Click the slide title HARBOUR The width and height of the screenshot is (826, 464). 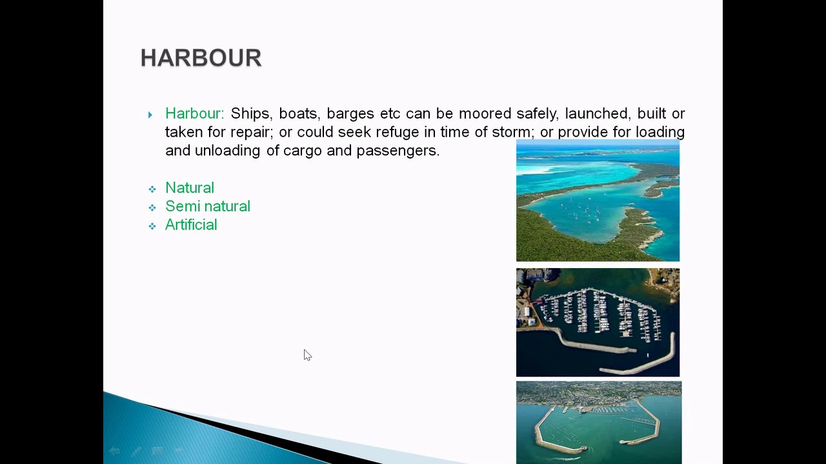coord(201,58)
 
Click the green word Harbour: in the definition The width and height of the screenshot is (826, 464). coord(194,114)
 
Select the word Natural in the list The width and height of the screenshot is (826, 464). coord(190,188)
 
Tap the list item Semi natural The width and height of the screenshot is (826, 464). coord(208,206)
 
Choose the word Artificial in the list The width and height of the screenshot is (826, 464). coord(191,225)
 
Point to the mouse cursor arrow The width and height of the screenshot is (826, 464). coord(307,355)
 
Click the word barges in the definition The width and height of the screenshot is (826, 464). coord(350,114)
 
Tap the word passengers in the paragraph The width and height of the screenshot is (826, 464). coord(398,151)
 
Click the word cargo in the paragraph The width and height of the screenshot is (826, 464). coord(303,151)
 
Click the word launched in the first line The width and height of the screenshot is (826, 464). coord(596,114)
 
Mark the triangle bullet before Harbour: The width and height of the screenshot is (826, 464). coord(150,115)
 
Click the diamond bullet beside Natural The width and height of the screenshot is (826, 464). coord(152,189)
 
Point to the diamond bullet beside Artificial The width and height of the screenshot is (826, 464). coord(152,226)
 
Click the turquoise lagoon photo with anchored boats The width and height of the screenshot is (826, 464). coord(598,201)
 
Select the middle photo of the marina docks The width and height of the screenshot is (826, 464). coord(598,322)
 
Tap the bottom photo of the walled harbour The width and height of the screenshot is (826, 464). coord(598,422)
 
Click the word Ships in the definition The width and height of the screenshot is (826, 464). coord(250,114)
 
